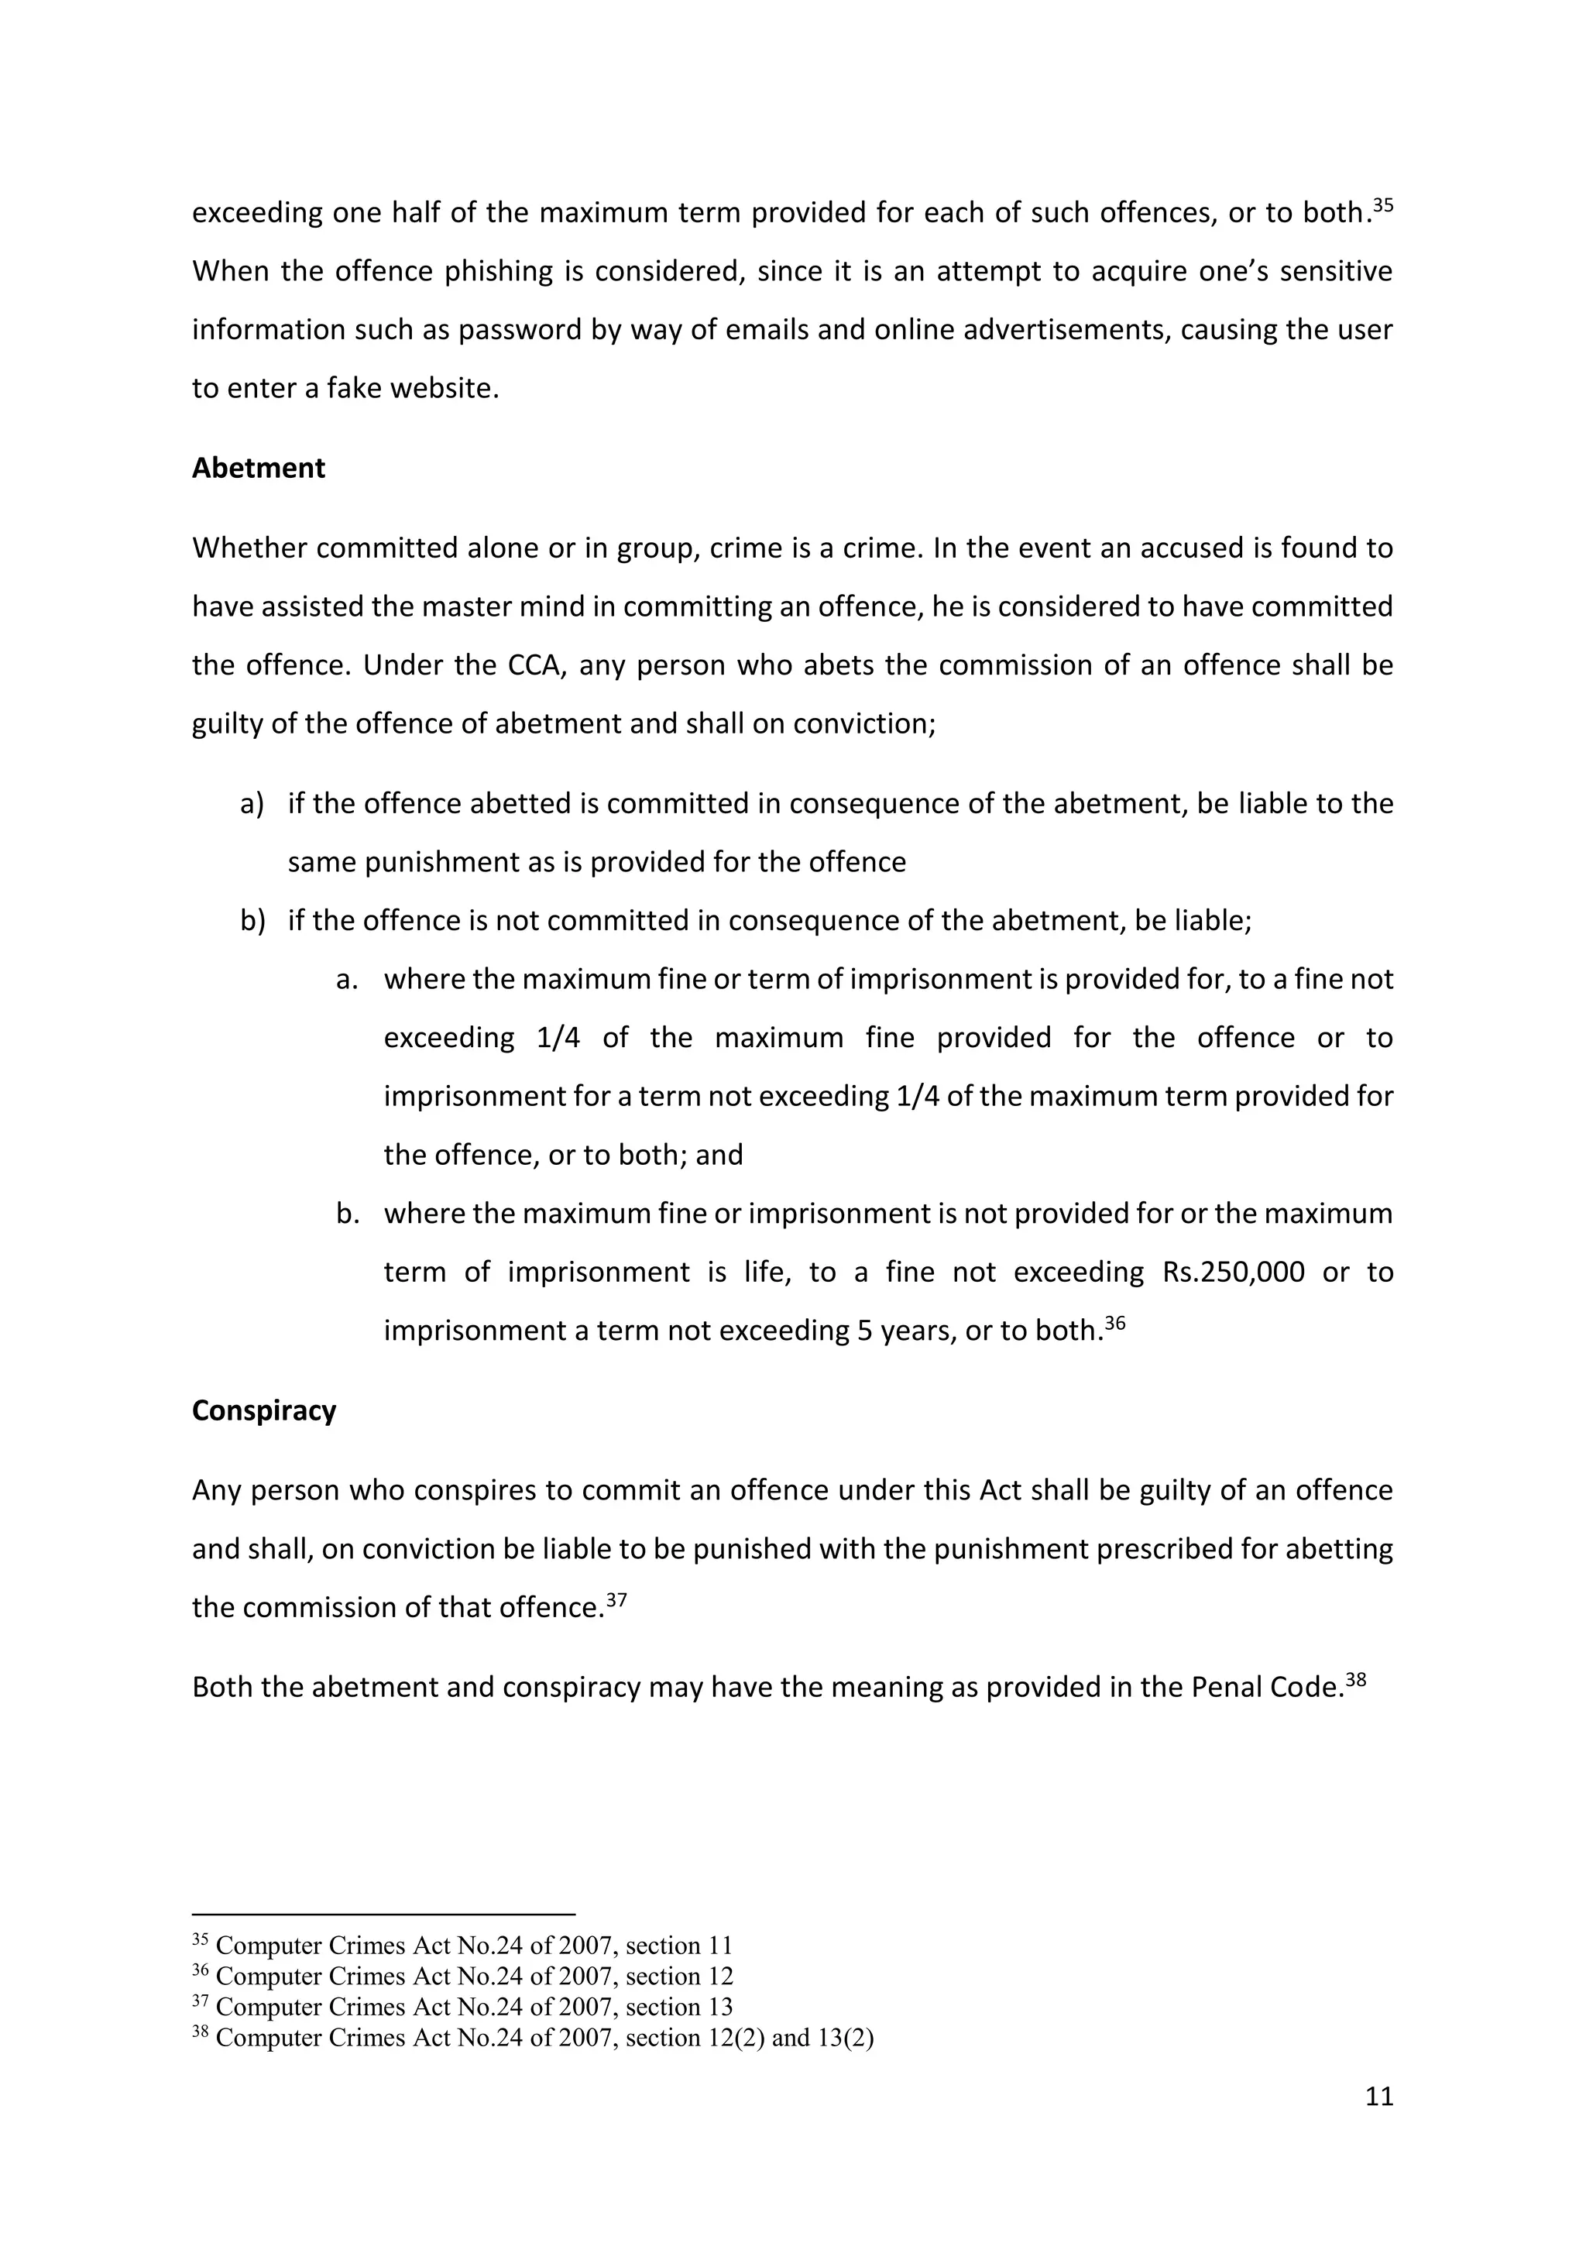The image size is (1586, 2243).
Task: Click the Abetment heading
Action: (x=258, y=468)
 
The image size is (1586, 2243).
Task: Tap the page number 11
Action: (x=1379, y=2097)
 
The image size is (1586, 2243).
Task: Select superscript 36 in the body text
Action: (x=1114, y=1324)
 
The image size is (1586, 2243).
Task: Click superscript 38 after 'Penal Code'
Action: (x=1354, y=1680)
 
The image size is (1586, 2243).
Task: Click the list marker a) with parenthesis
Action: (x=252, y=804)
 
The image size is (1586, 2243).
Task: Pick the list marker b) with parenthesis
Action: (x=252, y=921)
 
